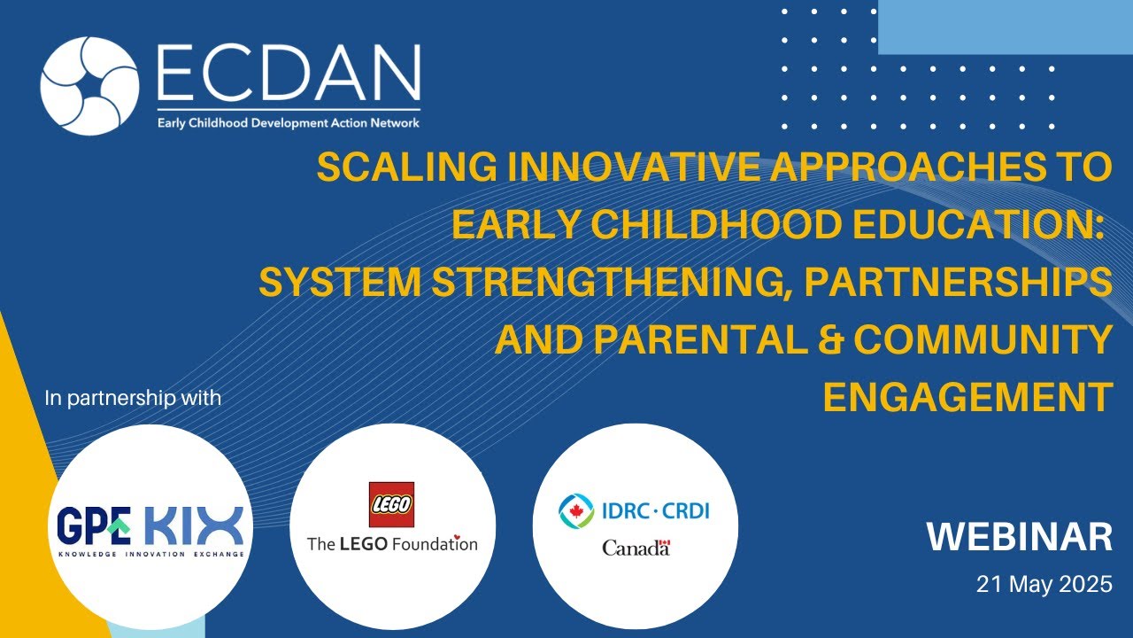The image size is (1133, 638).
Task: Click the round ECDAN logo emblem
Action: click(89, 86)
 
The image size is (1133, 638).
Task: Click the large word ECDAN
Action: click(288, 74)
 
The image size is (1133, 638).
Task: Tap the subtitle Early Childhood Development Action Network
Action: click(288, 123)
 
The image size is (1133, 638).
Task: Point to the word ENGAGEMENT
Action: click(967, 398)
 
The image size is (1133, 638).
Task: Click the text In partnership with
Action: click(133, 398)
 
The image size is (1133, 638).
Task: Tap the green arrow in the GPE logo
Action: click(118, 528)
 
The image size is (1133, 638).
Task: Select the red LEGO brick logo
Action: click(391, 504)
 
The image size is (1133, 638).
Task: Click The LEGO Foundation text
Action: click(391, 543)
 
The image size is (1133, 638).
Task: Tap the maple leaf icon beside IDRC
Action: click(577, 510)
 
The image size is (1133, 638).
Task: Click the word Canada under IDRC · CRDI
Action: click(636, 548)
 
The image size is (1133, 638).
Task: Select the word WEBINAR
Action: click(1019, 537)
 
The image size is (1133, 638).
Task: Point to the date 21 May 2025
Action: click(1044, 585)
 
